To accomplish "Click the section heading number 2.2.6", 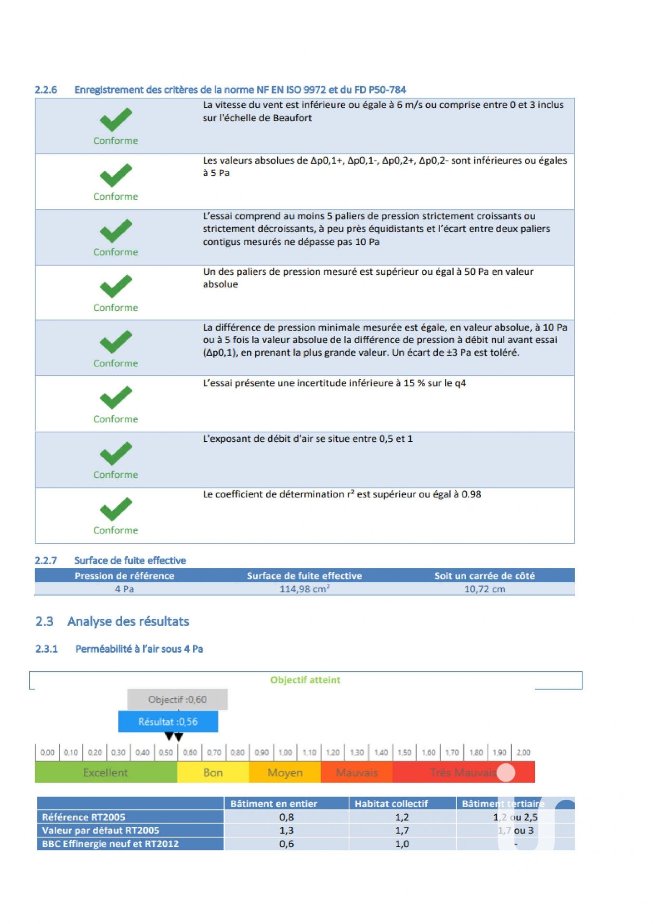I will point(46,90).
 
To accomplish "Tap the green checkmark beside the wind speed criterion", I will point(116,119).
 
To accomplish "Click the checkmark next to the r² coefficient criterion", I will point(116,509).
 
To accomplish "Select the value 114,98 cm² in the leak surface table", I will point(304,589).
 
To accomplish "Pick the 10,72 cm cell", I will point(484,589).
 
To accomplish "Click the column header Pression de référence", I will point(124,576).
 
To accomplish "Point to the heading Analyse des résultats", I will point(128,621).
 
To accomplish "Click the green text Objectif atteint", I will point(305,680).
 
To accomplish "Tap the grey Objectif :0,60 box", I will point(177,699).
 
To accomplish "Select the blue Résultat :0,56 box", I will point(168,721).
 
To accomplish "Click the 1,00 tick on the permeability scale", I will point(285,752).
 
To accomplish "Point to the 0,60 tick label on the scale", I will point(190,752).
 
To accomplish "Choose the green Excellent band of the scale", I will point(105,772).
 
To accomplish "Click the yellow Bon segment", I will point(213,772).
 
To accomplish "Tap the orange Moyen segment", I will point(285,772).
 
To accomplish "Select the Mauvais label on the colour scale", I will point(356,772).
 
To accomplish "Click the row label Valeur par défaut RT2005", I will point(101,830).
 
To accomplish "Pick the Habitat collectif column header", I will point(391,804).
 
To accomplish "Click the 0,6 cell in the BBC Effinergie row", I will point(286,844).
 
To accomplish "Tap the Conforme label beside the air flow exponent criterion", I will point(116,475).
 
